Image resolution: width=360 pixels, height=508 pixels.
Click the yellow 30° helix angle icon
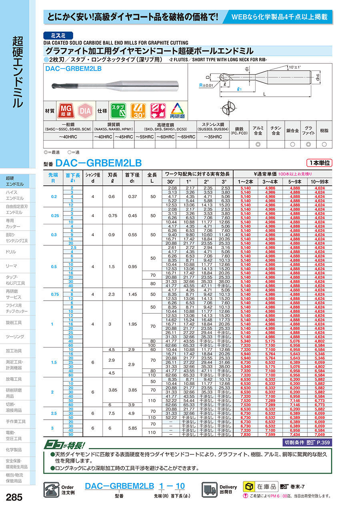click(137, 111)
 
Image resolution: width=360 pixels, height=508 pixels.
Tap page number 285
click(15, 497)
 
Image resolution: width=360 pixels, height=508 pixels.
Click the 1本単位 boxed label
click(320, 163)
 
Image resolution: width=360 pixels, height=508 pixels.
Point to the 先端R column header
click(53, 177)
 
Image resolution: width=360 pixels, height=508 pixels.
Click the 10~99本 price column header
click(319, 182)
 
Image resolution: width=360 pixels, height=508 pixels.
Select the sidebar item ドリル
click(11, 252)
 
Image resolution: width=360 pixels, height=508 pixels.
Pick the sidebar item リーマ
click(11, 266)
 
